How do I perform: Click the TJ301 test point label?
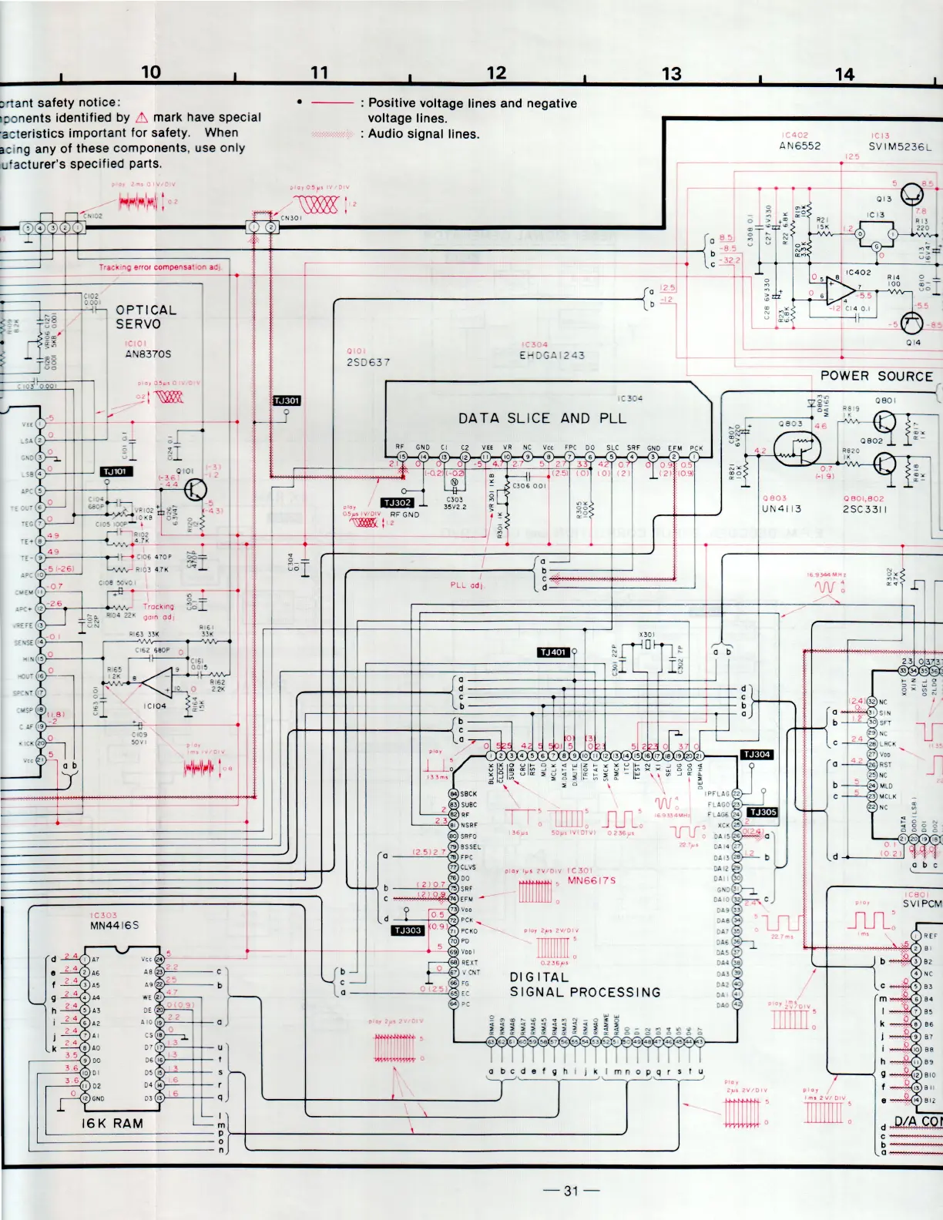tap(287, 401)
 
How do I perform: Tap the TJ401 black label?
tap(553, 652)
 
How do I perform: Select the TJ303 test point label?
tap(408, 930)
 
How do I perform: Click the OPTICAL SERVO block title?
tap(146, 317)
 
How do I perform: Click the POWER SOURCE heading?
tap(876, 376)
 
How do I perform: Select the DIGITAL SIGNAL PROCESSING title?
tap(585, 984)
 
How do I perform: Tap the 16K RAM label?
tap(112, 1123)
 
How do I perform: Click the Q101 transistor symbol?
tap(195, 491)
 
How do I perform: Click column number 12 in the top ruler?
tap(496, 73)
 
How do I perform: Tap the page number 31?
tap(570, 1190)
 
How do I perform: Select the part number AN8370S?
tap(148, 354)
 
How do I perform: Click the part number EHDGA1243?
tap(552, 356)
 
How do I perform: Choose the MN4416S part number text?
tap(114, 925)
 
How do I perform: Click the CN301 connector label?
tap(290, 218)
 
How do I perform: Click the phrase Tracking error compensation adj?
tap(159, 267)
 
